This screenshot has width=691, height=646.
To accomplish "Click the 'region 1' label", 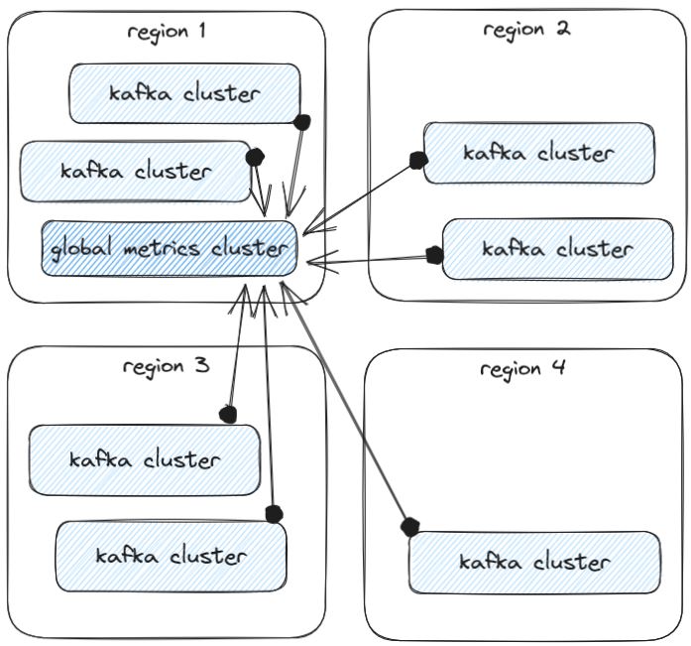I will pyautogui.click(x=167, y=30).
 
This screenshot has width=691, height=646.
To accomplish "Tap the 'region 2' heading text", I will pyautogui.click(x=526, y=28).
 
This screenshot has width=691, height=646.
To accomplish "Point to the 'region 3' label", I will pyautogui.click(x=166, y=365).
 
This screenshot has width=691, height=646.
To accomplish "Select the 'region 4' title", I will pyautogui.click(x=522, y=369).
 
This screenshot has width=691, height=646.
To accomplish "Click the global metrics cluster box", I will pyautogui.click(x=169, y=248).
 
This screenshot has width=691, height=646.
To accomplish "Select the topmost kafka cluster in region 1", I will pyautogui.click(x=184, y=93).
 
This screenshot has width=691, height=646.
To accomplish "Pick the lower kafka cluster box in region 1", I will pyautogui.click(x=136, y=171).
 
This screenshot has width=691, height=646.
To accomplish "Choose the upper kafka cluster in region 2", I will pyautogui.click(x=538, y=153).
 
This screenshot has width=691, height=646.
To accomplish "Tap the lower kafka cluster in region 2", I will pyautogui.click(x=556, y=248).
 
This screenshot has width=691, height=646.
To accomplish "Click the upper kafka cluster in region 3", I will pyautogui.click(x=145, y=459).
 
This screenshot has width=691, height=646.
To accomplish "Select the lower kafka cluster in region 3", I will pyautogui.click(x=171, y=555).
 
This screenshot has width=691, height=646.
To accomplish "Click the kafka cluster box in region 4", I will pyautogui.click(x=534, y=562).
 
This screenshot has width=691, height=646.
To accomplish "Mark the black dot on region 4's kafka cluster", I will pyautogui.click(x=408, y=525).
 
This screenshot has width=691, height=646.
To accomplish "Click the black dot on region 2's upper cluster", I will pyautogui.click(x=417, y=159).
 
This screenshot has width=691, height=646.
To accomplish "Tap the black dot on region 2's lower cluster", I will pyautogui.click(x=433, y=255).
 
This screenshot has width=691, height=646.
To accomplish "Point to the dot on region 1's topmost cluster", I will pyautogui.click(x=302, y=121).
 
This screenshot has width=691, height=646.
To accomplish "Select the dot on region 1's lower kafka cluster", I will pyautogui.click(x=255, y=156).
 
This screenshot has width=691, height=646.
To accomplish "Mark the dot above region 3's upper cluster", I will pyautogui.click(x=228, y=412).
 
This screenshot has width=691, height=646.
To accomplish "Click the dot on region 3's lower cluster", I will pyautogui.click(x=274, y=514).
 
